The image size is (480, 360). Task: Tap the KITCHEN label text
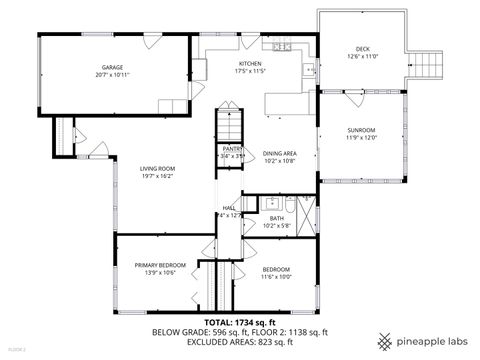click(249, 63)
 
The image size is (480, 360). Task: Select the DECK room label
click(362, 49)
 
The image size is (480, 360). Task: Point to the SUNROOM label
click(361, 130)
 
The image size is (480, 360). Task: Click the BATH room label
click(276, 217)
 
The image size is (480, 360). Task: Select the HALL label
click(228, 208)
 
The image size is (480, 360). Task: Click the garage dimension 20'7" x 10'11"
click(112, 75)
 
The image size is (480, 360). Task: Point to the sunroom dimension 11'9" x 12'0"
click(361, 138)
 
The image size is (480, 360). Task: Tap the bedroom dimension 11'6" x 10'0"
click(276, 276)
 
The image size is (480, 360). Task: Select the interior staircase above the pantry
click(230, 125)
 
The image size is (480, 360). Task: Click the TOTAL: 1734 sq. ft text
click(239, 322)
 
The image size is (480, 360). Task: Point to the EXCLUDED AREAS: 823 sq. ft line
click(239, 341)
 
